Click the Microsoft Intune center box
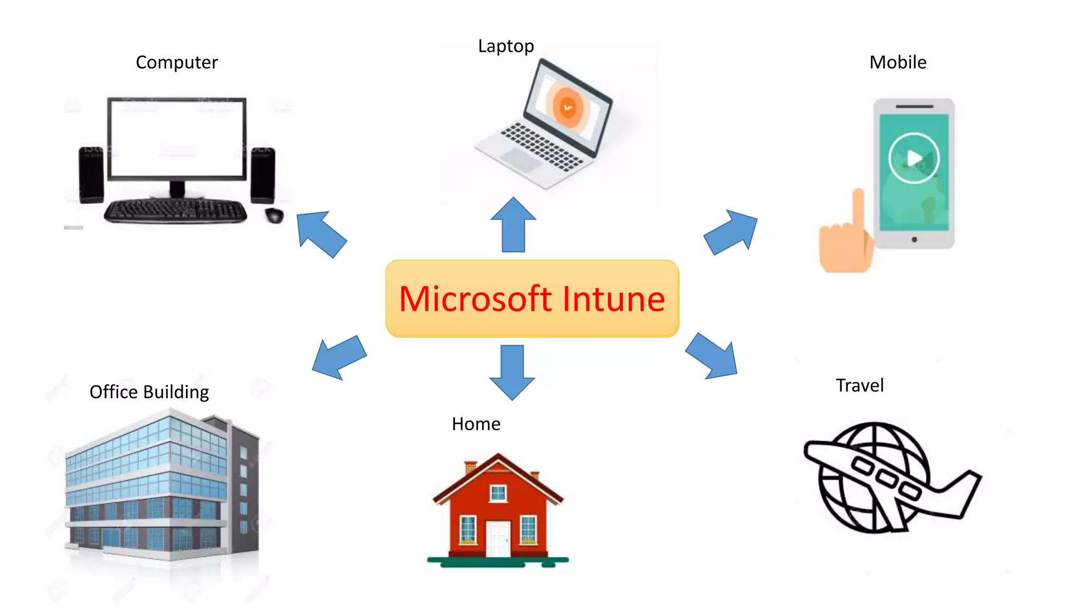(532, 298)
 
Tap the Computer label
(177, 62)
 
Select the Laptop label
(506, 46)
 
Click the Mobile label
(897, 62)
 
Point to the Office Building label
(149, 392)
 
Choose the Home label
(476, 424)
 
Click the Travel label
(859, 385)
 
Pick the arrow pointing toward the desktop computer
(320, 233)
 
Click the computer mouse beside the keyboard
(274, 215)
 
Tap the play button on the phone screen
(914, 158)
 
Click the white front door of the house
(498, 539)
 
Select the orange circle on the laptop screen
(567, 107)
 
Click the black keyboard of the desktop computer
(176, 211)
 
